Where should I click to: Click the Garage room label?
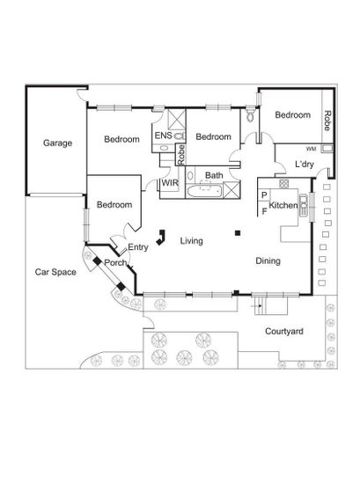point(58,143)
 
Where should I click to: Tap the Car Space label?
point(55,272)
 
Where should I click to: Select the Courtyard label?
point(284,332)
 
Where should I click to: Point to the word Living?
point(191,241)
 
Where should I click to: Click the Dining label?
point(268,260)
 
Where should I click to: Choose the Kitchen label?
point(283,205)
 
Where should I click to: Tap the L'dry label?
point(305,164)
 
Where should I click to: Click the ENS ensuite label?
point(164,136)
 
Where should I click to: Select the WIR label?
point(170,183)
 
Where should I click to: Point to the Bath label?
point(214,175)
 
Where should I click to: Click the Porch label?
point(115,263)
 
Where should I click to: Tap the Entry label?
point(138,247)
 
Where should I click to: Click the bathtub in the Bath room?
point(204,191)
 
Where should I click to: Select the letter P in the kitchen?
point(264,195)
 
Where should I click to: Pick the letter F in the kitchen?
point(264,211)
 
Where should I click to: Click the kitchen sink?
point(304,205)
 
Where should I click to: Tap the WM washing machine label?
point(311,149)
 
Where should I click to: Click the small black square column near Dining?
point(238,233)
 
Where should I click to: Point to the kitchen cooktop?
point(283,183)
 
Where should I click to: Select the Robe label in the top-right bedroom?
point(327,121)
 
